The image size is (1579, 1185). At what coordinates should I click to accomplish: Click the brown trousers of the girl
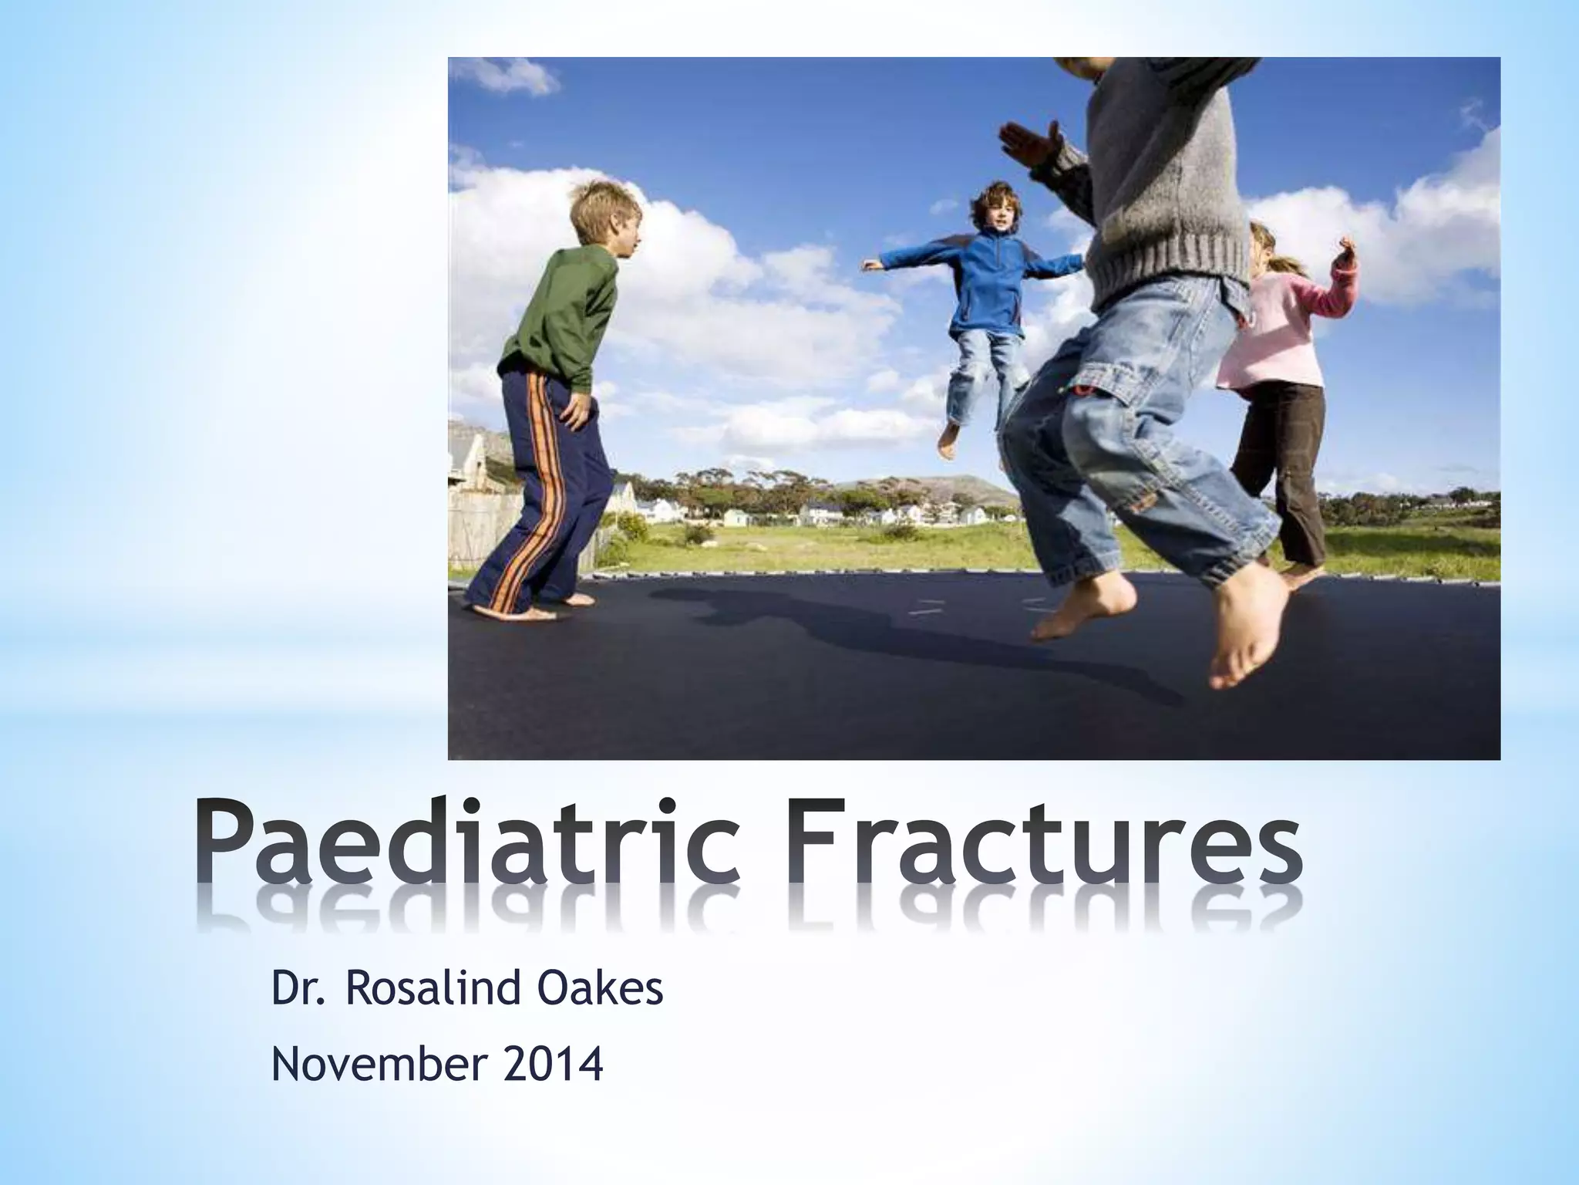(1280, 463)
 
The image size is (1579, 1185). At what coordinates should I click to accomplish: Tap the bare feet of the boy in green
(517, 610)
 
